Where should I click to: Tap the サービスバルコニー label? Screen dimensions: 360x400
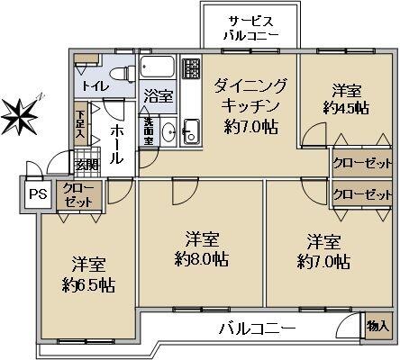[x=250, y=28]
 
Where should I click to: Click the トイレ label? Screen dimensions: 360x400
[x=93, y=87]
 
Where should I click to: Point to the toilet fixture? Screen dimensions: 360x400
[x=121, y=72]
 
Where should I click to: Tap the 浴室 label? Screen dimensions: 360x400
[x=159, y=95]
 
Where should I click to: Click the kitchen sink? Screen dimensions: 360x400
[x=191, y=130]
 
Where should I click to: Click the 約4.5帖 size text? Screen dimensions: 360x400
[x=345, y=108]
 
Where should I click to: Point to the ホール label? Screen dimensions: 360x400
[x=117, y=143]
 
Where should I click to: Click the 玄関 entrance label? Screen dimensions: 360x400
[x=86, y=165]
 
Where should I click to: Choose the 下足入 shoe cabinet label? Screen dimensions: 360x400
[x=80, y=123]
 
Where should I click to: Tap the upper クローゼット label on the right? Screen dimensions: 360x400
[x=362, y=165]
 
